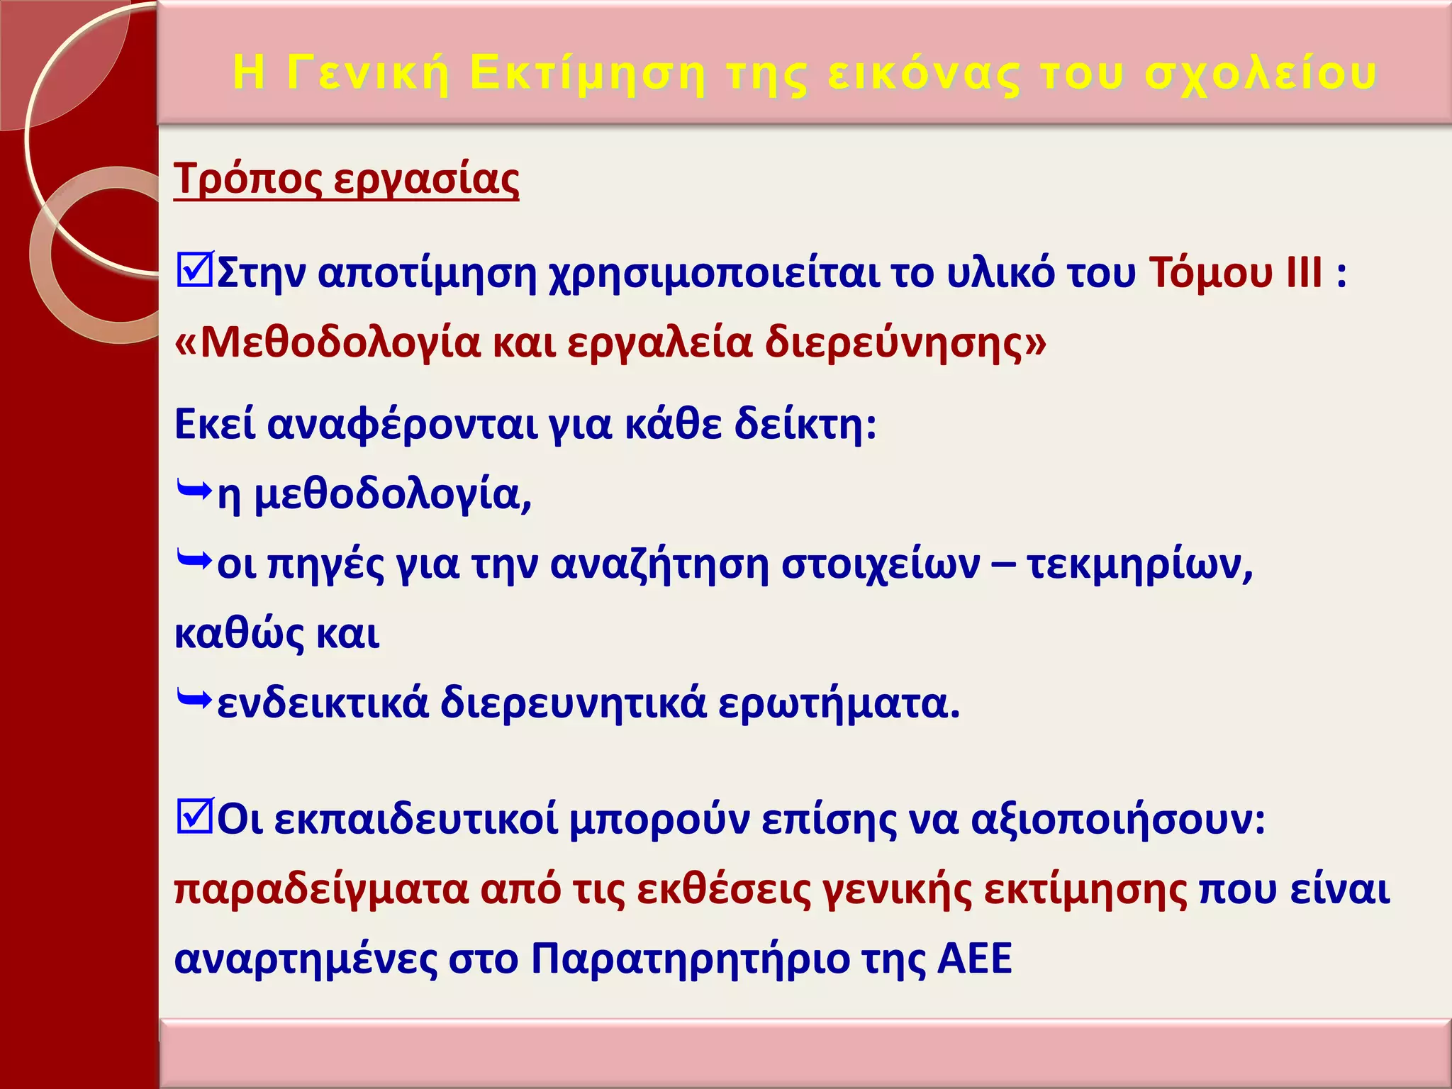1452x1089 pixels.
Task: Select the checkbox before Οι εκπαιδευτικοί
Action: (194, 817)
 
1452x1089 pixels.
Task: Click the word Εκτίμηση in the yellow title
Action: (588, 73)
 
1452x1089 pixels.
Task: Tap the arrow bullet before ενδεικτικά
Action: (194, 701)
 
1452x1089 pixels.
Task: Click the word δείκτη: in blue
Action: (805, 425)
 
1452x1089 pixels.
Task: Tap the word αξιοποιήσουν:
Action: (1117, 820)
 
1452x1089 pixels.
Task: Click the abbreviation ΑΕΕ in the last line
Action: (974, 959)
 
